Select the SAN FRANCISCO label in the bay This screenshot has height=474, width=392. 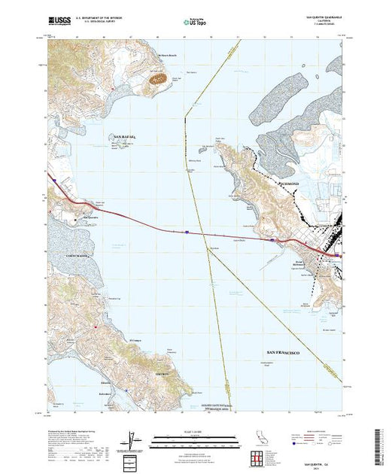pos(285,353)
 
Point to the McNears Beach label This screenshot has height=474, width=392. pos(167,56)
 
